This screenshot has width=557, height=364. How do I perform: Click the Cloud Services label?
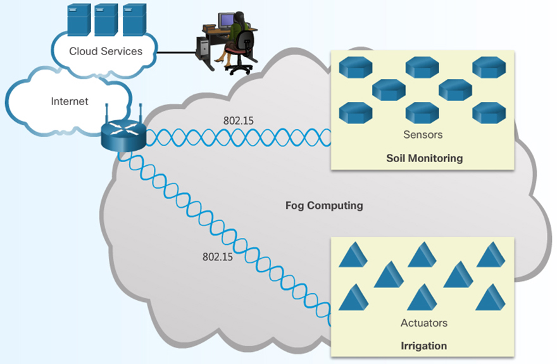point(106,51)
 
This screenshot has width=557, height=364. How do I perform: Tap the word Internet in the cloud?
point(70,101)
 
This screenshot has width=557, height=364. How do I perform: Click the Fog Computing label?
point(324,205)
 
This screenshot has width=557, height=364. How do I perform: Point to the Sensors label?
point(422,135)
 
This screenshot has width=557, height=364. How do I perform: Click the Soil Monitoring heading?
point(424,158)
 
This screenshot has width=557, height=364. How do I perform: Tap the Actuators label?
point(423,323)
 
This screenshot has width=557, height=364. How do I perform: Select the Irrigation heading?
point(423,346)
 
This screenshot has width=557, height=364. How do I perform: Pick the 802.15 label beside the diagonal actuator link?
point(217,257)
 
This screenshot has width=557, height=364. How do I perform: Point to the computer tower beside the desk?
point(203,49)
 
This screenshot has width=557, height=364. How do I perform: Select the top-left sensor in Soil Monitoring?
point(355,67)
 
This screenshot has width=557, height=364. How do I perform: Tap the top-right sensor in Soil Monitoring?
point(489,67)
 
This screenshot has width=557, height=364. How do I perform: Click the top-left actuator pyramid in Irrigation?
point(353,255)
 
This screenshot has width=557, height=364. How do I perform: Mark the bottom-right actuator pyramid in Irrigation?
point(489,298)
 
